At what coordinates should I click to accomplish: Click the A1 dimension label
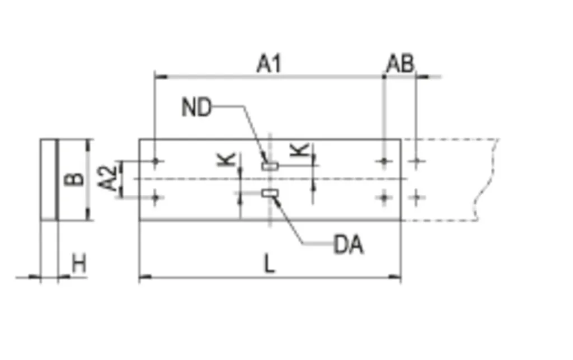pyautogui.click(x=269, y=63)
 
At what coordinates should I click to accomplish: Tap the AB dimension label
pyautogui.click(x=400, y=64)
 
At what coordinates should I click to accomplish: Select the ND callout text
pyautogui.click(x=196, y=108)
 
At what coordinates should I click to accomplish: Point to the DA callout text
pyautogui.click(x=349, y=245)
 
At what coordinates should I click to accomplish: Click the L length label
pyautogui.click(x=269, y=264)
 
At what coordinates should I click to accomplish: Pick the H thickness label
pyautogui.click(x=79, y=264)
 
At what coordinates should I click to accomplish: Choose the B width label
pyautogui.click(x=74, y=179)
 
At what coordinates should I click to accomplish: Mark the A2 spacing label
pyautogui.click(x=108, y=179)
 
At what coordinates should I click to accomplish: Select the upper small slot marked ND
pyautogui.click(x=270, y=166)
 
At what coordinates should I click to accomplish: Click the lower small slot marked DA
pyautogui.click(x=270, y=193)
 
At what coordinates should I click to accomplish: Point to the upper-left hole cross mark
pyautogui.click(x=156, y=161)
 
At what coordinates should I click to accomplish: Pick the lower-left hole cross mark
pyautogui.click(x=156, y=198)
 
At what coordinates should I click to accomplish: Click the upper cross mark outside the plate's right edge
pyautogui.click(x=416, y=161)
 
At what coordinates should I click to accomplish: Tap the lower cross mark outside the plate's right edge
pyautogui.click(x=416, y=198)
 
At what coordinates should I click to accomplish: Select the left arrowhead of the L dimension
pyautogui.click(x=145, y=277)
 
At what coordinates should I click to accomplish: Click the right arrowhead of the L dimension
pyautogui.click(x=394, y=277)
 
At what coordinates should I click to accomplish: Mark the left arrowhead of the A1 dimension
pyautogui.click(x=161, y=77)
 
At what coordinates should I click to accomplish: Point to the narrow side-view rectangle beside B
pyautogui.click(x=49, y=180)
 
